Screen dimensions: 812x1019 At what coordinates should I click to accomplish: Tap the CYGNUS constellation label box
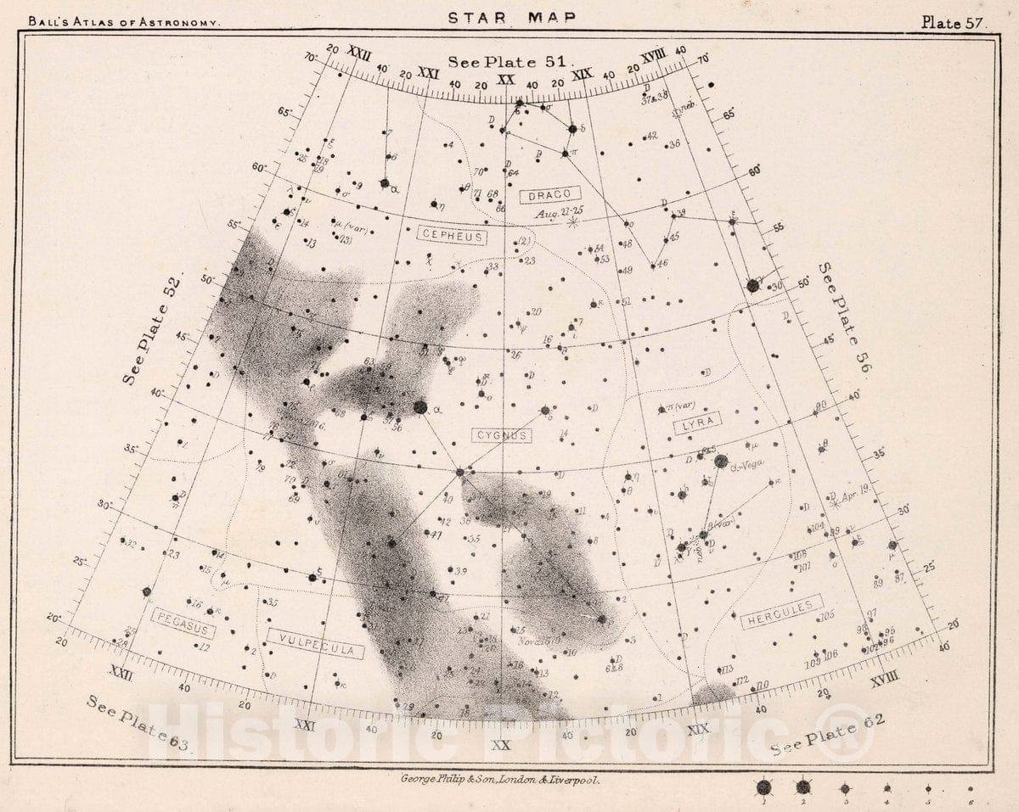pos(502,435)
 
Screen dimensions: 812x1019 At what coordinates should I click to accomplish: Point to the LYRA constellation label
pos(697,423)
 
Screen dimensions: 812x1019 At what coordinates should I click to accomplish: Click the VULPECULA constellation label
pos(315,643)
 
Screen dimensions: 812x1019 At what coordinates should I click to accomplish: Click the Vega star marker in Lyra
pos(721,462)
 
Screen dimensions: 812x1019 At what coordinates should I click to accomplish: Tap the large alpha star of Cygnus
pos(419,407)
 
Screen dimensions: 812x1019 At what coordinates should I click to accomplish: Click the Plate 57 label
pos(954,23)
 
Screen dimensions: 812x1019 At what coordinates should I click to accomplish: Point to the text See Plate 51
pos(511,62)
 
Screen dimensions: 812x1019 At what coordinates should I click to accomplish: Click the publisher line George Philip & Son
pos(499,778)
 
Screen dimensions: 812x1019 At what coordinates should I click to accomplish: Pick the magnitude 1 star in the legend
pos(763,787)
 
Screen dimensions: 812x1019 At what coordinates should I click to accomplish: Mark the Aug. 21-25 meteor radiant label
pos(559,213)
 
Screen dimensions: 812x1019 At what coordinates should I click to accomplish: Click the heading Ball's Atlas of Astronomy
pos(124,22)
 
